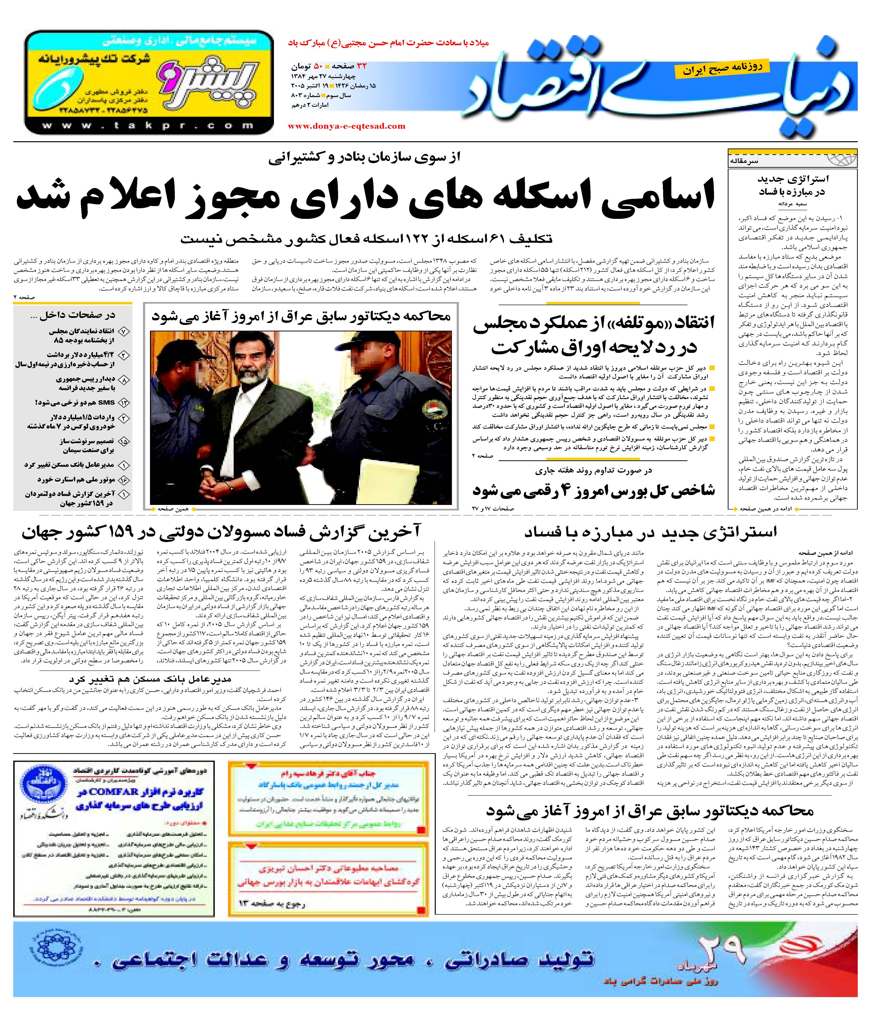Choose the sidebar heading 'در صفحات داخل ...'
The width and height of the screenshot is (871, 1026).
[x=73, y=315]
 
